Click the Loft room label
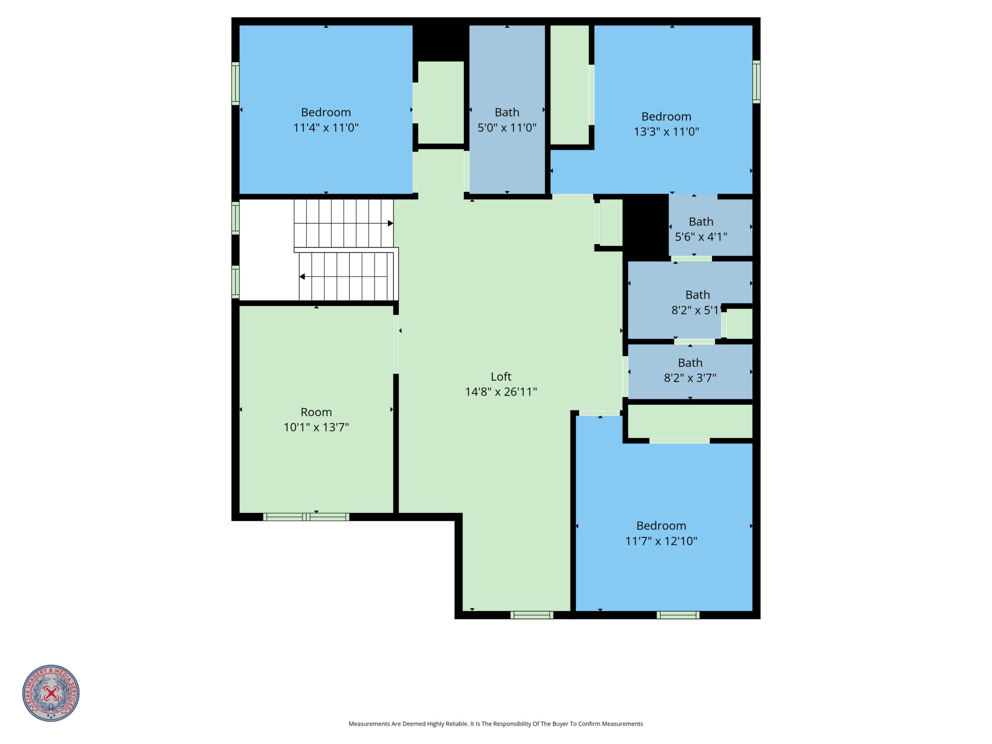pyautogui.click(x=500, y=377)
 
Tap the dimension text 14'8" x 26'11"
pyautogui.click(x=500, y=392)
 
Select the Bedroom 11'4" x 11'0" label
pyautogui.click(x=326, y=120)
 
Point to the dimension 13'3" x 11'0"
pyautogui.click(x=666, y=132)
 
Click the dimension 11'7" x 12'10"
pyautogui.click(x=661, y=541)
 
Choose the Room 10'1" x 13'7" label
pyautogui.click(x=316, y=419)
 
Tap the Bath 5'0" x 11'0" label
pyautogui.click(x=507, y=120)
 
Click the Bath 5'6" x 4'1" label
pyautogui.click(x=701, y=229)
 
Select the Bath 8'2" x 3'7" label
pyautogui.click(x=690, y=370)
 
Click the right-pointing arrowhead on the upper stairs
pyautogui.click(x=391, y=223)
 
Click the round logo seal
pyautogui.click(x=51, y=693)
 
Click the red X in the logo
pyautogui.click(x=51, y=693)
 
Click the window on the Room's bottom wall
pyautogui.click(x=306, y=517)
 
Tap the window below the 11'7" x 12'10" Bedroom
pyautogui.click(x=678, y=615)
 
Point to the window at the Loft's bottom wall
pyautogui.click(x=532, y=615)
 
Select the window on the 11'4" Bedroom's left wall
pyautogui.click(x=235, y=83)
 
